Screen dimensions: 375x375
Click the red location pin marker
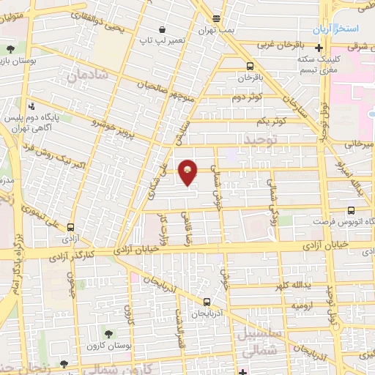pos(188,172)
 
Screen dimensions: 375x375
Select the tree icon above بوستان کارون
pos(108,335)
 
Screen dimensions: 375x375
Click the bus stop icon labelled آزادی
pos(70,227)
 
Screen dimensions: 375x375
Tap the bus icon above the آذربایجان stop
pos(207,301)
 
